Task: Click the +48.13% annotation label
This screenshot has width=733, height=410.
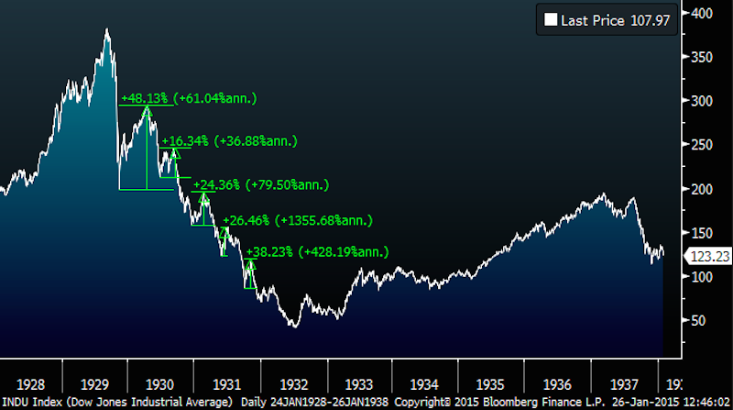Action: [x=189, y=98]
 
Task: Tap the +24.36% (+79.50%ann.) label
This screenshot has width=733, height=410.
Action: [x=260, y=184]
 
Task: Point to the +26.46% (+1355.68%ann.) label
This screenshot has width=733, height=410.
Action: [x=295, y=220]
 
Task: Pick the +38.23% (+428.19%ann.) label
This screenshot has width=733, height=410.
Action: [x=318, y=251]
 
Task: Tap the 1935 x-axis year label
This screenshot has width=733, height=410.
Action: [x=490, y=385]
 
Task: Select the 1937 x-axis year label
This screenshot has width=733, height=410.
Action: [x=622, y=385]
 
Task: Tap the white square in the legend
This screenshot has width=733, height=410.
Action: [x=550, y=17]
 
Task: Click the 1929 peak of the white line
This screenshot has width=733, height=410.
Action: [x=107, y=29]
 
